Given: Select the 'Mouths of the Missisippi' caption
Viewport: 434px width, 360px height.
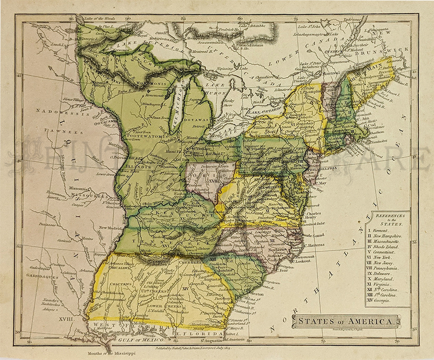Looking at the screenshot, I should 111,353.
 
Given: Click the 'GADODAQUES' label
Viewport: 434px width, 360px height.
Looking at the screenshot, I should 36,275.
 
